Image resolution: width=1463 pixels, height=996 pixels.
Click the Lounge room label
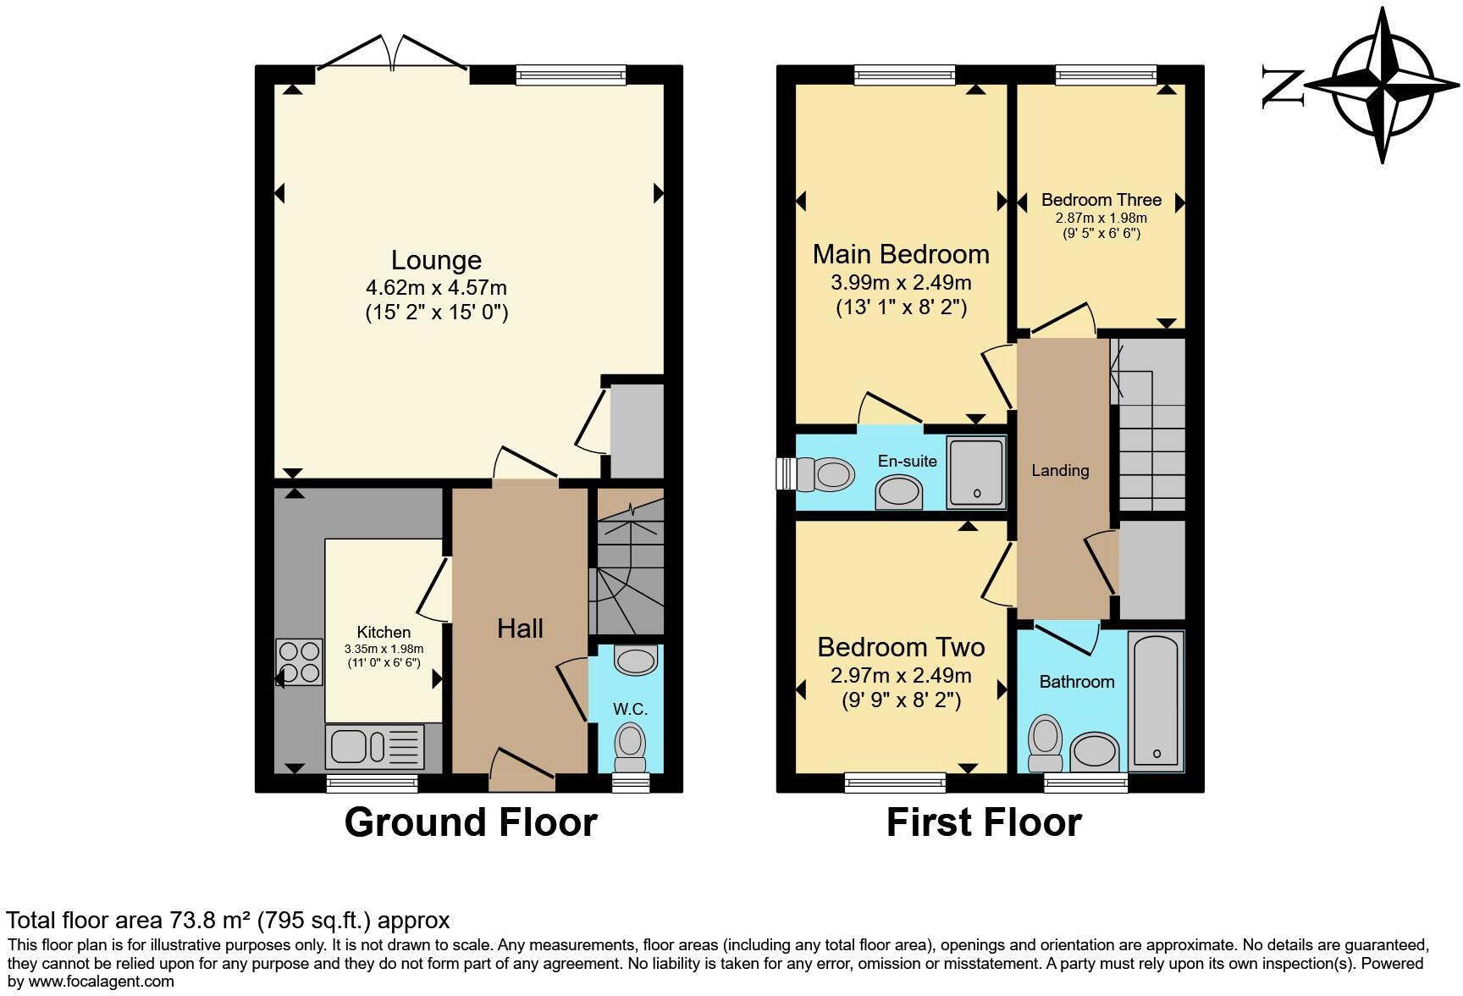click(x=436, y=260)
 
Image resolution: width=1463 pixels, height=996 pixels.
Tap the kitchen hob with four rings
click(x=300, y=662)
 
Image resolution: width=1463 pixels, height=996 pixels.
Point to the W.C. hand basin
click(x=636, y=660)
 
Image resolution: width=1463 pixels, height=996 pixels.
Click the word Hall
click(x=520, y=628)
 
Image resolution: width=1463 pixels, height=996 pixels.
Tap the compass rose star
click(x=1383, y=86)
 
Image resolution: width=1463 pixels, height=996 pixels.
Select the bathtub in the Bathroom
click(x=1156, y=700)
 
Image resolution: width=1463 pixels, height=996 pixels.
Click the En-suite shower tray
click(x=976, y=472)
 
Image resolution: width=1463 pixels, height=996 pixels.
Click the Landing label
click(x=1060, y=470)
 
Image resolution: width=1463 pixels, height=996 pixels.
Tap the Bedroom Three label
click(x=1101, y=200)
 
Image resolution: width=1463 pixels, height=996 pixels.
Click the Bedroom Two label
click(x=901, y=647)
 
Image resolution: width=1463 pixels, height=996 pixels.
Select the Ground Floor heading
click(x=471, y=822)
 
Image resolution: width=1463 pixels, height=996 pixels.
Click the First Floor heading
click(x=984, y=822)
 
